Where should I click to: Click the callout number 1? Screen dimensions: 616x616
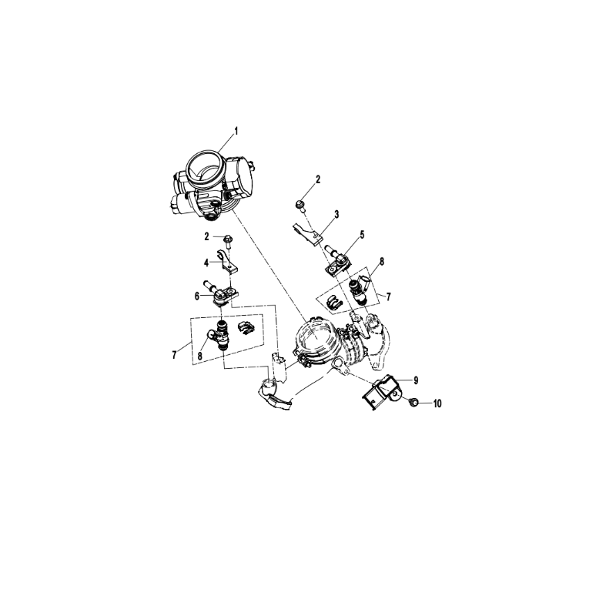coord(236,131)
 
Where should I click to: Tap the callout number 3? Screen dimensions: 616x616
coord(336,215)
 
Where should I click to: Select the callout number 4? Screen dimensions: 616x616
coord(206,263)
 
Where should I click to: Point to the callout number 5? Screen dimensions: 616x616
coord(362,235)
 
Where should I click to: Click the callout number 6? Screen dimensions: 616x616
coord(197,296)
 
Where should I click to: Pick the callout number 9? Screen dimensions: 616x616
coord(415,380)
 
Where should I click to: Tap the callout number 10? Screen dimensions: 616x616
coord(437,403)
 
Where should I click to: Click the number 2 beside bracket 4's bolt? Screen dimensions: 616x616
coord(206,237)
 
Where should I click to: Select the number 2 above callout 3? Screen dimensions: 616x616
coord(318,179)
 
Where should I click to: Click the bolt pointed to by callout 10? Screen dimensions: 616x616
coord(413,402)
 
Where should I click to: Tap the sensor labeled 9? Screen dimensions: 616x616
coord(380,393)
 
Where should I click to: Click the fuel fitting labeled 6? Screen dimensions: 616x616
coord(221,293)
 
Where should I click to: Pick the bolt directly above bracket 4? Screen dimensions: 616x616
coord(228,240)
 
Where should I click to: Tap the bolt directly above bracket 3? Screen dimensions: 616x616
coord(301,206)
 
